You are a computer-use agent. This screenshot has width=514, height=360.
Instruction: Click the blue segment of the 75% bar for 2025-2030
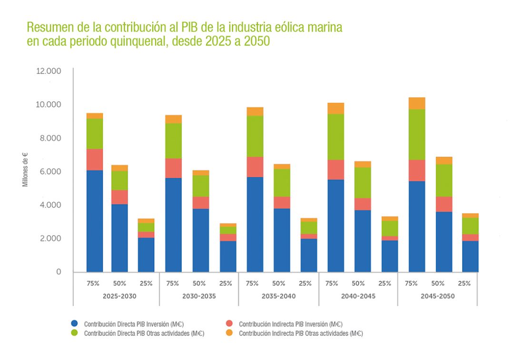click(95, 221)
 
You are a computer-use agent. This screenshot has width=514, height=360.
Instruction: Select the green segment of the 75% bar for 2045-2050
click(417, 134)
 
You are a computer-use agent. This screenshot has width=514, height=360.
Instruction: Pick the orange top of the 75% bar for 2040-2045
click(336, 108)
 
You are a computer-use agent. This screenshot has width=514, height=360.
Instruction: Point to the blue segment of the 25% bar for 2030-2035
click(228, 256)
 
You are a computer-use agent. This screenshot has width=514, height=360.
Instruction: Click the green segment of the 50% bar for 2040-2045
click(362, 182)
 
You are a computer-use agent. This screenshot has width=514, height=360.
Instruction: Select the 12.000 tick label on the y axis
click(49, 71)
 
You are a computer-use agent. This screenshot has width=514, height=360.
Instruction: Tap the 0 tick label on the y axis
click(59, 272)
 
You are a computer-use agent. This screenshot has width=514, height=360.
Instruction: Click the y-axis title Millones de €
click(25, 169)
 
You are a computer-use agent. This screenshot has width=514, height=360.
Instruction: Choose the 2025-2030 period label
click(119, 296)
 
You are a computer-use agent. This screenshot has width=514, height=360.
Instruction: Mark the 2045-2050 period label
click(437, 296)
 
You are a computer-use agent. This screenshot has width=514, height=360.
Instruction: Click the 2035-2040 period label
click(278, 296)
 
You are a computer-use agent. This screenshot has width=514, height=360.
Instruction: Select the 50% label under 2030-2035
click(199, 283)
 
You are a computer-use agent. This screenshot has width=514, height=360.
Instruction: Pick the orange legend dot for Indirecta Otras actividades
click(230, 333)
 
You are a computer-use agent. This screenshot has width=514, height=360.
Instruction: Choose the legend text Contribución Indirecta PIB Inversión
click(290, 324)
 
